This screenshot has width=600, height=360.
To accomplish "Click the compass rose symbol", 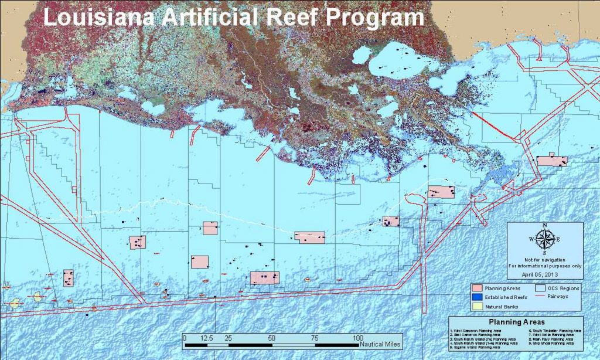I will [544, 239].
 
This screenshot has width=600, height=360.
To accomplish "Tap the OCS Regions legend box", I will [541, 288].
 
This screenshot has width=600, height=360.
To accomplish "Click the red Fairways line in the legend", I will [541, 297].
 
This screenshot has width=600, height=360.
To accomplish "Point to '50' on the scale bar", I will [271, 338].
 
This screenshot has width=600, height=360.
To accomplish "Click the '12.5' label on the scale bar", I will [206, 338].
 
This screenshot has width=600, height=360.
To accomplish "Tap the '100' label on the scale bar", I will [357, 338].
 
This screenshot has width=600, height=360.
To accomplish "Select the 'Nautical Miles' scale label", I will [381, 344].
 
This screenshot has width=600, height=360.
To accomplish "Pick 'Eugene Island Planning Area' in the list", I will [478, 347].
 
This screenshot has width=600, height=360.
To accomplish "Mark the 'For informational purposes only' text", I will [544, 266].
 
